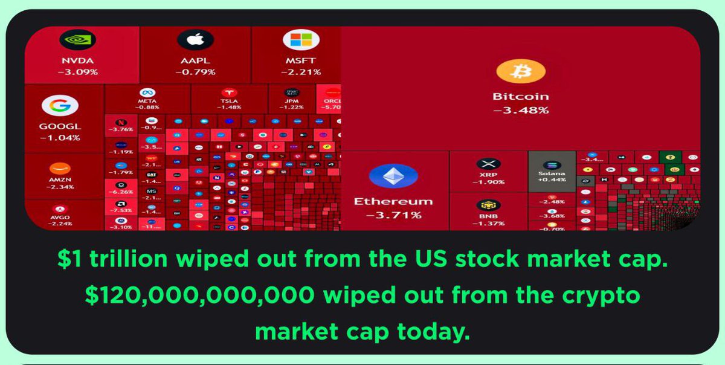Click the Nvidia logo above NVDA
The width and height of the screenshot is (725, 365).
tap(78, 40)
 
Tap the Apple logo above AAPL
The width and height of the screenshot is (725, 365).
tap(195, 40)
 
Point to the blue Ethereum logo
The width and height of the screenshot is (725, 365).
tap(393, 176)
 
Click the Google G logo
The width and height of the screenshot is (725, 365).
tap(60, 106)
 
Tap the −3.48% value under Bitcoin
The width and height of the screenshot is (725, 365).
tap(520, 110)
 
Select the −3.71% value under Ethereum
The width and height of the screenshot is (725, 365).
tap(393, 214)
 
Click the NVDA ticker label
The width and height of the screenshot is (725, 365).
tap(78, 61)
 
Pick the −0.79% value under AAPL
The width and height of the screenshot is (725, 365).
tap(195, 72)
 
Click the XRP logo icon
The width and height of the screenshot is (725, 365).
tap(488, 164)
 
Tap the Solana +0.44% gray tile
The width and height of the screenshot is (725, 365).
tap(552, 172)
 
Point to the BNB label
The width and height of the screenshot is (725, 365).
tap(488, 216)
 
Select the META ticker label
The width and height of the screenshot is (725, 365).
tap(148, 101)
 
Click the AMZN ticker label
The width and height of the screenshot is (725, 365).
tap(60, 179)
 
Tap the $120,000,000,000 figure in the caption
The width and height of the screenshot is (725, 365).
tap(199, 296)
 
